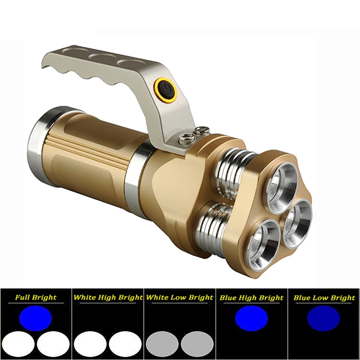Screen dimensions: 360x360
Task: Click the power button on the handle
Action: (165, 90)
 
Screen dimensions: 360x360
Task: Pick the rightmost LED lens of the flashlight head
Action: (297, 224)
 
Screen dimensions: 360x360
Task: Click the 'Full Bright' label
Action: (36, 297)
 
